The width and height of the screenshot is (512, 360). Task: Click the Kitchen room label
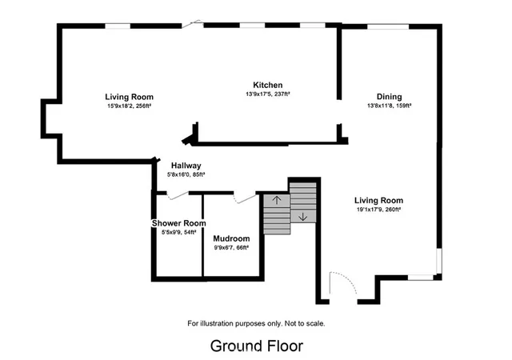click(268, 85)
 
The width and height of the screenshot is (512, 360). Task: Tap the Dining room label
click(389, 97)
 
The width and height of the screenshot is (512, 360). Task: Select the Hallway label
click(186, 166)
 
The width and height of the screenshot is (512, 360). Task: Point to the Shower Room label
click(178, 223)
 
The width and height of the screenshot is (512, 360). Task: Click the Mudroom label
click(231, 238)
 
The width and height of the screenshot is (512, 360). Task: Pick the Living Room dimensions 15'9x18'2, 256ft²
click(129, 106)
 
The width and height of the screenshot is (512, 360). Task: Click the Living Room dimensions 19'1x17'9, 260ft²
click(378, 210)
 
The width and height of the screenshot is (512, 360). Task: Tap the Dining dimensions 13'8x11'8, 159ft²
click(389, 106)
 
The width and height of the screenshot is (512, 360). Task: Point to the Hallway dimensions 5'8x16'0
click(179, 174)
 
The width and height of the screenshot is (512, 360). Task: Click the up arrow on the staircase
click(277, 200)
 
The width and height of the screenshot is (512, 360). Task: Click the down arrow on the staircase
click(302, 217)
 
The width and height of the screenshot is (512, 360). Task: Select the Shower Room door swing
click(178, 195)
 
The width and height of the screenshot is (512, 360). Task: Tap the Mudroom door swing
click(245, 198)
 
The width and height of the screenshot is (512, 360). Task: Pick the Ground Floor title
click(257, 346)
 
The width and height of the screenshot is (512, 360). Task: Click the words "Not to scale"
click(304, 324)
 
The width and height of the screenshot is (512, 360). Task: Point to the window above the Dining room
click(388, 26)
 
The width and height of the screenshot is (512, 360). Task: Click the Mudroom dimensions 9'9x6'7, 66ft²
click(231, 248)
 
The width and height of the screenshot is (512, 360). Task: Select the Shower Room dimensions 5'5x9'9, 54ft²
click(178, 232)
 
